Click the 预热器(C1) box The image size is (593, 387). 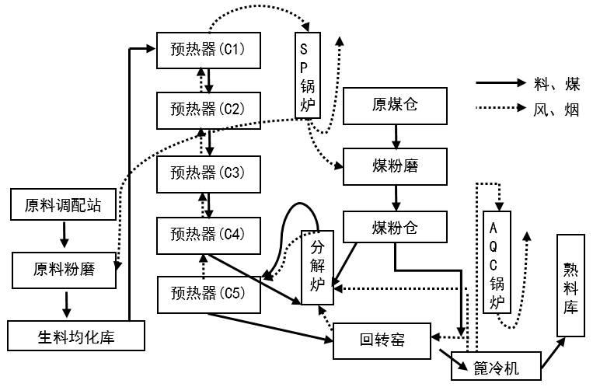(208, 49)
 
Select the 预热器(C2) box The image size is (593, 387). (208, 109)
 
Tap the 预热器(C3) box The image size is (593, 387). (208, 173)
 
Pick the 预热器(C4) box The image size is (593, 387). (208, 234)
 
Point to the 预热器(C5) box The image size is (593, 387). (208, 294)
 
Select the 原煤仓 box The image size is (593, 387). (396, 106)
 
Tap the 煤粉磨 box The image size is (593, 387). (396, 166)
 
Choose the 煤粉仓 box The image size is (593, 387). (396, 228)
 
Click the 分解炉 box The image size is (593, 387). (317, 267)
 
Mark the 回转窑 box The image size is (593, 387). (381, 340)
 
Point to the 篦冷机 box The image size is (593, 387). (495, 365)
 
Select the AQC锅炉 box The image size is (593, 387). (497, 263)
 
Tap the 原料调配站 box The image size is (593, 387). (63, 205)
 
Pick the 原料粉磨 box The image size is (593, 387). (63, 269)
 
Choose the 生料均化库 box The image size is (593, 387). (75, 336)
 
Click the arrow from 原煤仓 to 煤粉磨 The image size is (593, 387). (396, 136)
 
